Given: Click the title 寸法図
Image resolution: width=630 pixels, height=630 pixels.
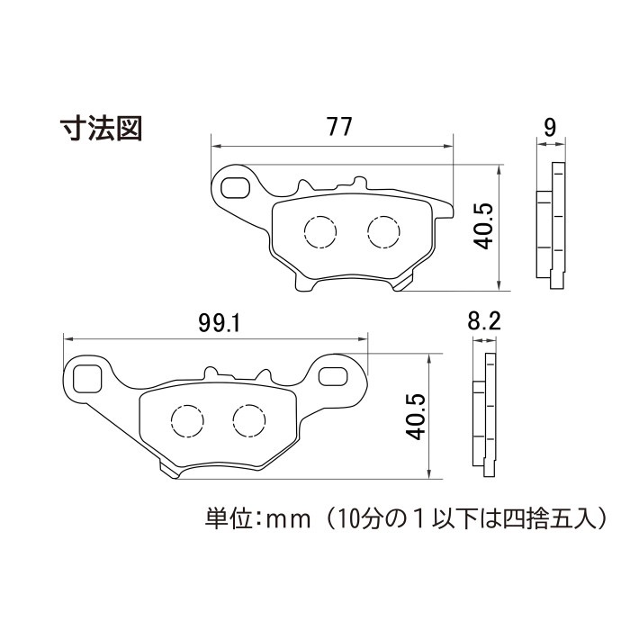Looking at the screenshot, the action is (x=101, y=129).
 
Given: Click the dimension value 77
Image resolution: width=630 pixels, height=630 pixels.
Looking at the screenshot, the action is (x=339, y=127).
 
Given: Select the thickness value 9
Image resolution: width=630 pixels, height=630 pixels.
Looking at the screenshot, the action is (x=550, y=127).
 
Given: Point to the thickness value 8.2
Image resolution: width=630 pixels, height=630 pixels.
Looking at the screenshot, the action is (x=484, y=321).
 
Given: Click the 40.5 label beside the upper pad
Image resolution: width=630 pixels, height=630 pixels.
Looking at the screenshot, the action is (x=483, y=226).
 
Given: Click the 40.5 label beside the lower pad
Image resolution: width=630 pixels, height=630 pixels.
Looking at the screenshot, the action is (x=415, y=417).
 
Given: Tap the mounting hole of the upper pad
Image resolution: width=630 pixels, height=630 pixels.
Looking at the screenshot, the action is (x=235, y=187).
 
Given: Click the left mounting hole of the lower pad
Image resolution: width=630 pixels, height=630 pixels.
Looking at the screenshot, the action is (x=87, y=379).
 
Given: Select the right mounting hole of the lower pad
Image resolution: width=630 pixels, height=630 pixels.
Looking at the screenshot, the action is (x=333, y=376).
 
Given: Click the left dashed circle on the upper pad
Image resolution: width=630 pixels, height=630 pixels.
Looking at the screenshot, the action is (x=320, y=232).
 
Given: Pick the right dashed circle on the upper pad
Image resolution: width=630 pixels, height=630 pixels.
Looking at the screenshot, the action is (x=383, y=232).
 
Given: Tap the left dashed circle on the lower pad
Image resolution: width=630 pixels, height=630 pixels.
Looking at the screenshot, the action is (x=187, y=420).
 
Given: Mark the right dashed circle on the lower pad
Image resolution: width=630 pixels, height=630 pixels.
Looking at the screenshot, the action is (x=249, y=420).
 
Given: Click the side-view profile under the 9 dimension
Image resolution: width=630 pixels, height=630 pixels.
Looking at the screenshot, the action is (x=551, y=225).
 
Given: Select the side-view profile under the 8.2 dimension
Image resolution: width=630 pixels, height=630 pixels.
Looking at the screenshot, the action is (x=484, y=415).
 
